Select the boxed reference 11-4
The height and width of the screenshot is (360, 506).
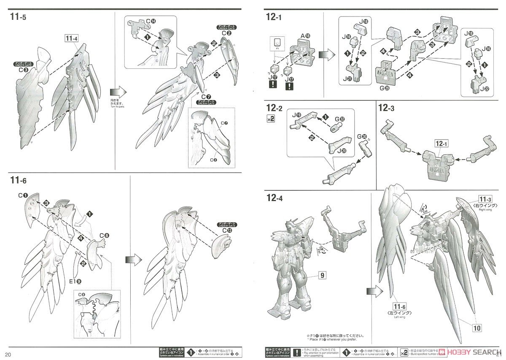coord(72,39)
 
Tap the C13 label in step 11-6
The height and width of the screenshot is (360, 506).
coord(226,230)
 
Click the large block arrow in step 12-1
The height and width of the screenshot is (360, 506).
coord(326,55)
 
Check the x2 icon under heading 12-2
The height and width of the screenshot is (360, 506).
coord(271,119)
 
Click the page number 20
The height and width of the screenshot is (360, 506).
coord(8,353)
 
